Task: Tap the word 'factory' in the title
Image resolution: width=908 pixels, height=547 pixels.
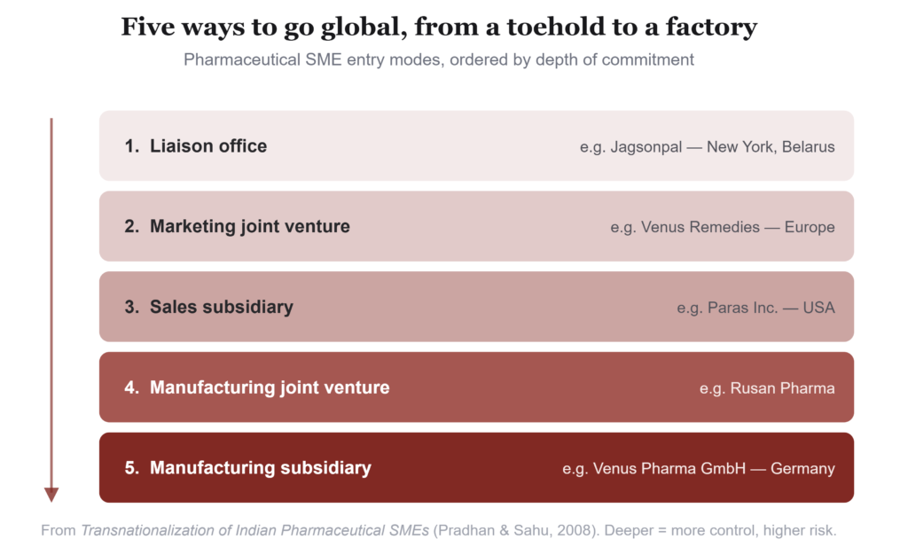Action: pyautogui.click(x=711, y=27)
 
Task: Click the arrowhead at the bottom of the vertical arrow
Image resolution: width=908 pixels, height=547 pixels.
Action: pyautogui.click(x=51, y=495)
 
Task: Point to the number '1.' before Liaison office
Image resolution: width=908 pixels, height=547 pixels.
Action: pyautogui.click(x=132, y=146)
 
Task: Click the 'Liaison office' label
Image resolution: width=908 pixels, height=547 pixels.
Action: pyautogui.click(x=208, y=146)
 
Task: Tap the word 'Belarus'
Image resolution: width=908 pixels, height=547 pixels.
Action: pyautogui.click(x=809, y=147)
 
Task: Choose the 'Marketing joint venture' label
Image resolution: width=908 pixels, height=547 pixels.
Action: pyautogui.click(x=249, y=226)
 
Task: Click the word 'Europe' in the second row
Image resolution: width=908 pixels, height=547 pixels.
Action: pyautogui.click(x=810, y=227)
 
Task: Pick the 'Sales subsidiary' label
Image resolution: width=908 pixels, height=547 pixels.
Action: pyautogui.click(x=221, y=307)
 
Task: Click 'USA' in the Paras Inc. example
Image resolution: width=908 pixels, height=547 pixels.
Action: pyautogui.click(x=818, y=308)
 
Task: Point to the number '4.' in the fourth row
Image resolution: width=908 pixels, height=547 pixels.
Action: pyautogui.click(x=132, y=387)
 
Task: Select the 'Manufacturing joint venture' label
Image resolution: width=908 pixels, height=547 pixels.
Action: pyautogui.click(x=270, y=387)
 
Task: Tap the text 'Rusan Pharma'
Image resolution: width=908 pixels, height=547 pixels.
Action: pyautogui.click(x=782, y=387)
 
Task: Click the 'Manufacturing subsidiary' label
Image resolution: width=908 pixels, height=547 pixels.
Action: pyautogui.click(x=261, y=468)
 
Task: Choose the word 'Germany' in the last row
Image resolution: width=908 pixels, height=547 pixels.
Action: pyautogui.click(x=802, y=469)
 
